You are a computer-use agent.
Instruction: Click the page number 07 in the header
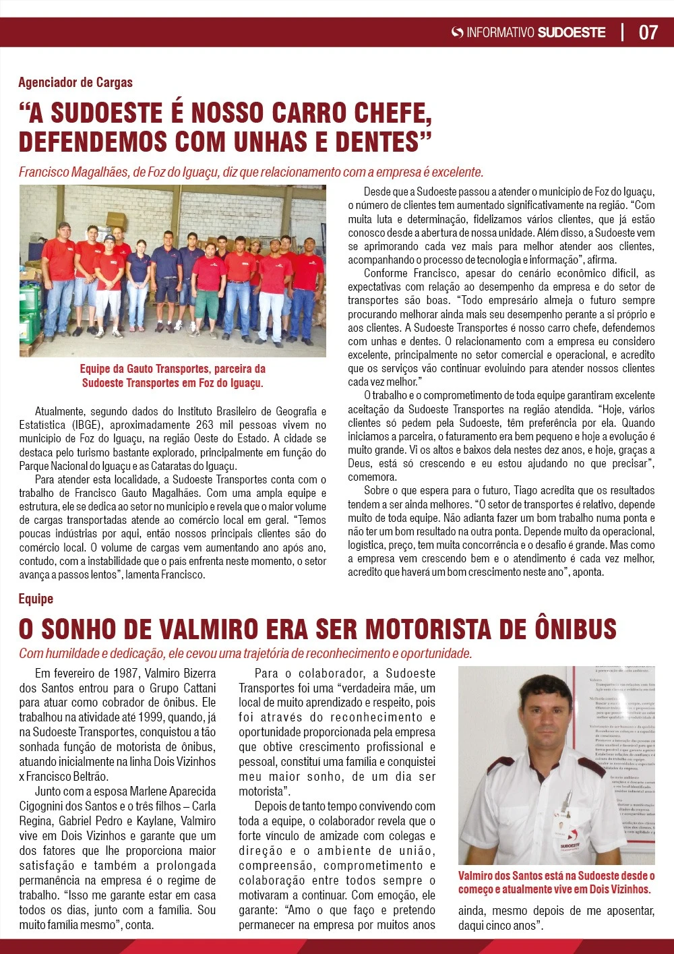pos(648,32)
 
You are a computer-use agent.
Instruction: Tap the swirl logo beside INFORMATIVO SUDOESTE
pos(457,32)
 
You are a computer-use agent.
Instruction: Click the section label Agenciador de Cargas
pos(75,82)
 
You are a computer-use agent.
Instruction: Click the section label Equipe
pos(36,599)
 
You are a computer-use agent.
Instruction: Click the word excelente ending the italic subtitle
pos(460,172)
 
